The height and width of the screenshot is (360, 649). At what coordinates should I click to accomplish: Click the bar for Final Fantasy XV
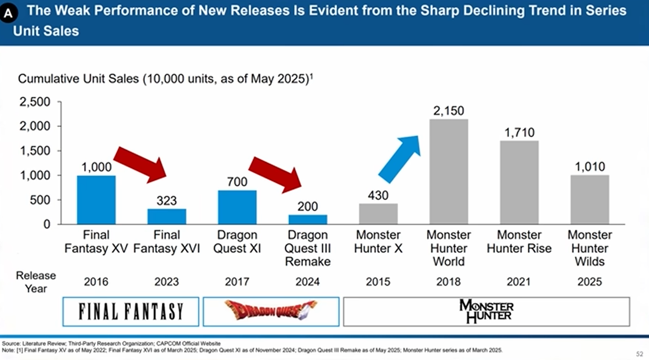tap(96, 200)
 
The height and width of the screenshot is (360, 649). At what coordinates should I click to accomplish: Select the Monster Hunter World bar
tap(449, 172)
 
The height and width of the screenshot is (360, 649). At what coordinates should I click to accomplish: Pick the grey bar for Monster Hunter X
tap(378, 214)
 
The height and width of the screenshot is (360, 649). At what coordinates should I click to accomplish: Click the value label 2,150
tap(449, 111)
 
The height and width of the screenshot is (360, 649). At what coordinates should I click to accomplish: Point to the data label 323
tap(167, 199)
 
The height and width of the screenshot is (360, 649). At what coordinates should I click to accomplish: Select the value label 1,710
tap(519, 132)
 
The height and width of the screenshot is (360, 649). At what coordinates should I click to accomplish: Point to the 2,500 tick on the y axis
tap(35, 102)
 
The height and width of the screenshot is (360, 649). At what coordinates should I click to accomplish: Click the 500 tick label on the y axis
tap(41, 200)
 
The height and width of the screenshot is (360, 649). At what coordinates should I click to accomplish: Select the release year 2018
tap(449, 282)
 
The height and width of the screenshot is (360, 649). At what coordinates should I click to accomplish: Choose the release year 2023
tap(167, 282)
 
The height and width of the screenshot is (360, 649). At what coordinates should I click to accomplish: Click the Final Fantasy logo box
tap(131, 312)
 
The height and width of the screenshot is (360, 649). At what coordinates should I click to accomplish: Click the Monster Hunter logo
tap(487, 312)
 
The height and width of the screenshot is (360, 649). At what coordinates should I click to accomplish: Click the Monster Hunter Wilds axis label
tap(590, 248)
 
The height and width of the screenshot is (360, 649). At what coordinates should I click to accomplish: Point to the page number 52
tap(639, 353)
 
